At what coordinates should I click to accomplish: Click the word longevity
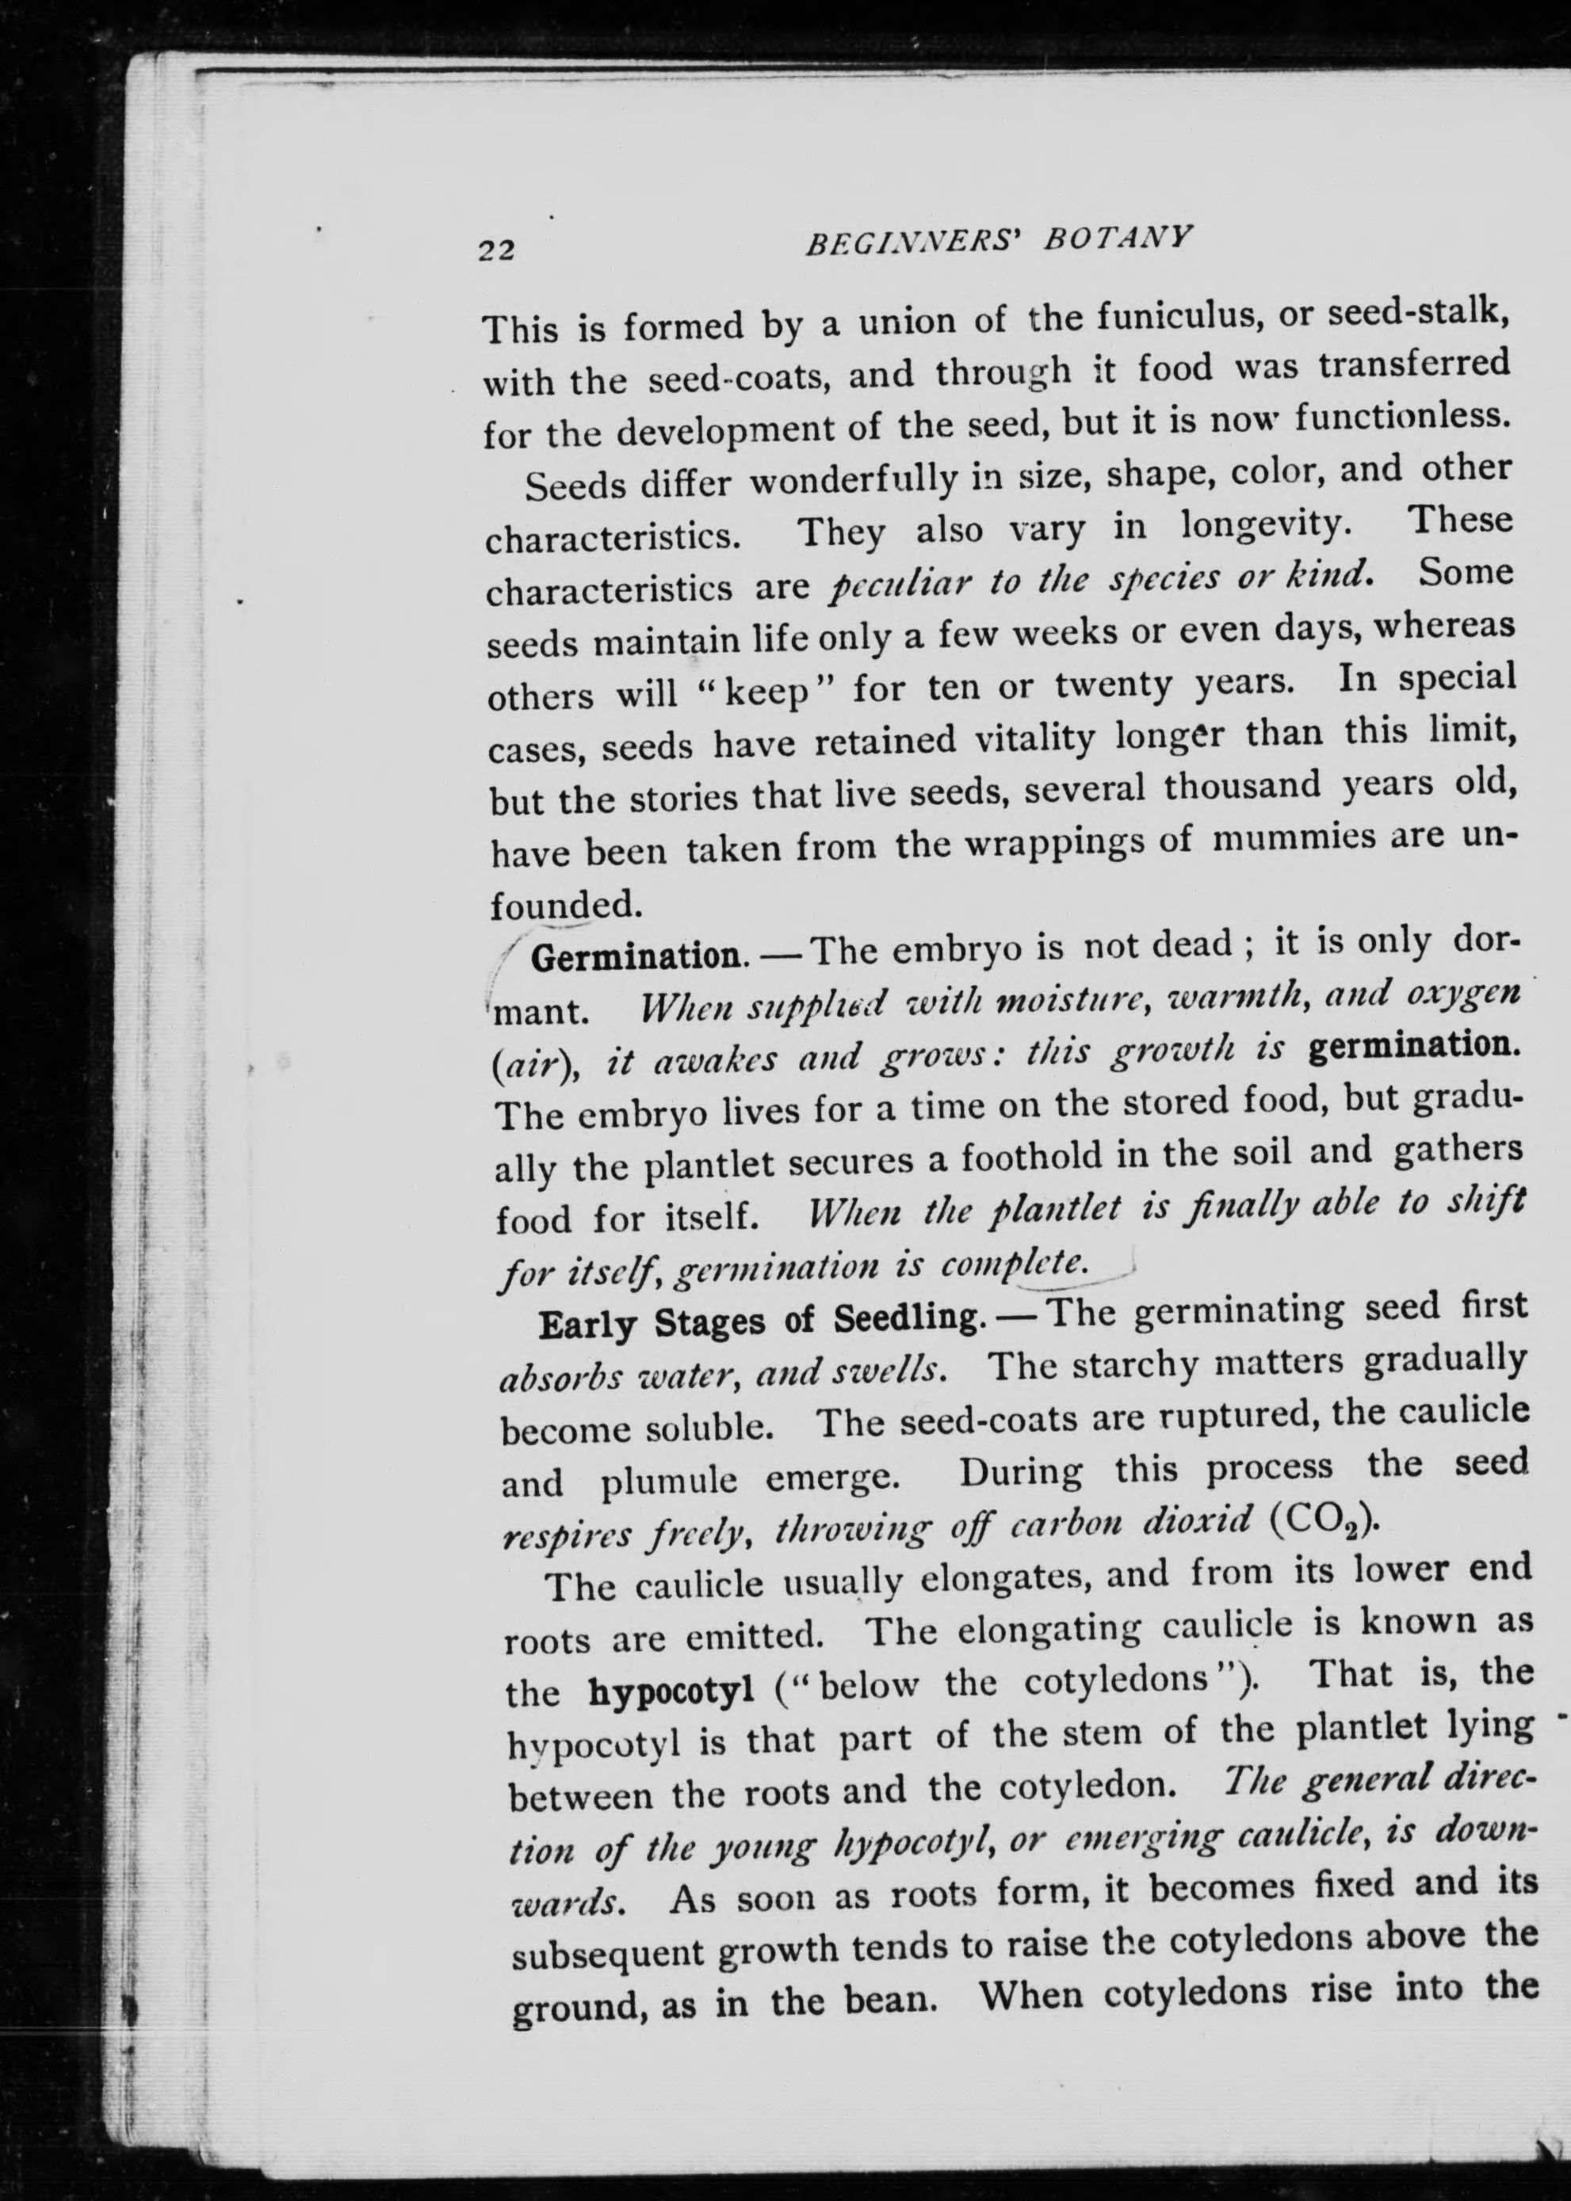1263,525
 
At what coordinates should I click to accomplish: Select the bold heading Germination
637,956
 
